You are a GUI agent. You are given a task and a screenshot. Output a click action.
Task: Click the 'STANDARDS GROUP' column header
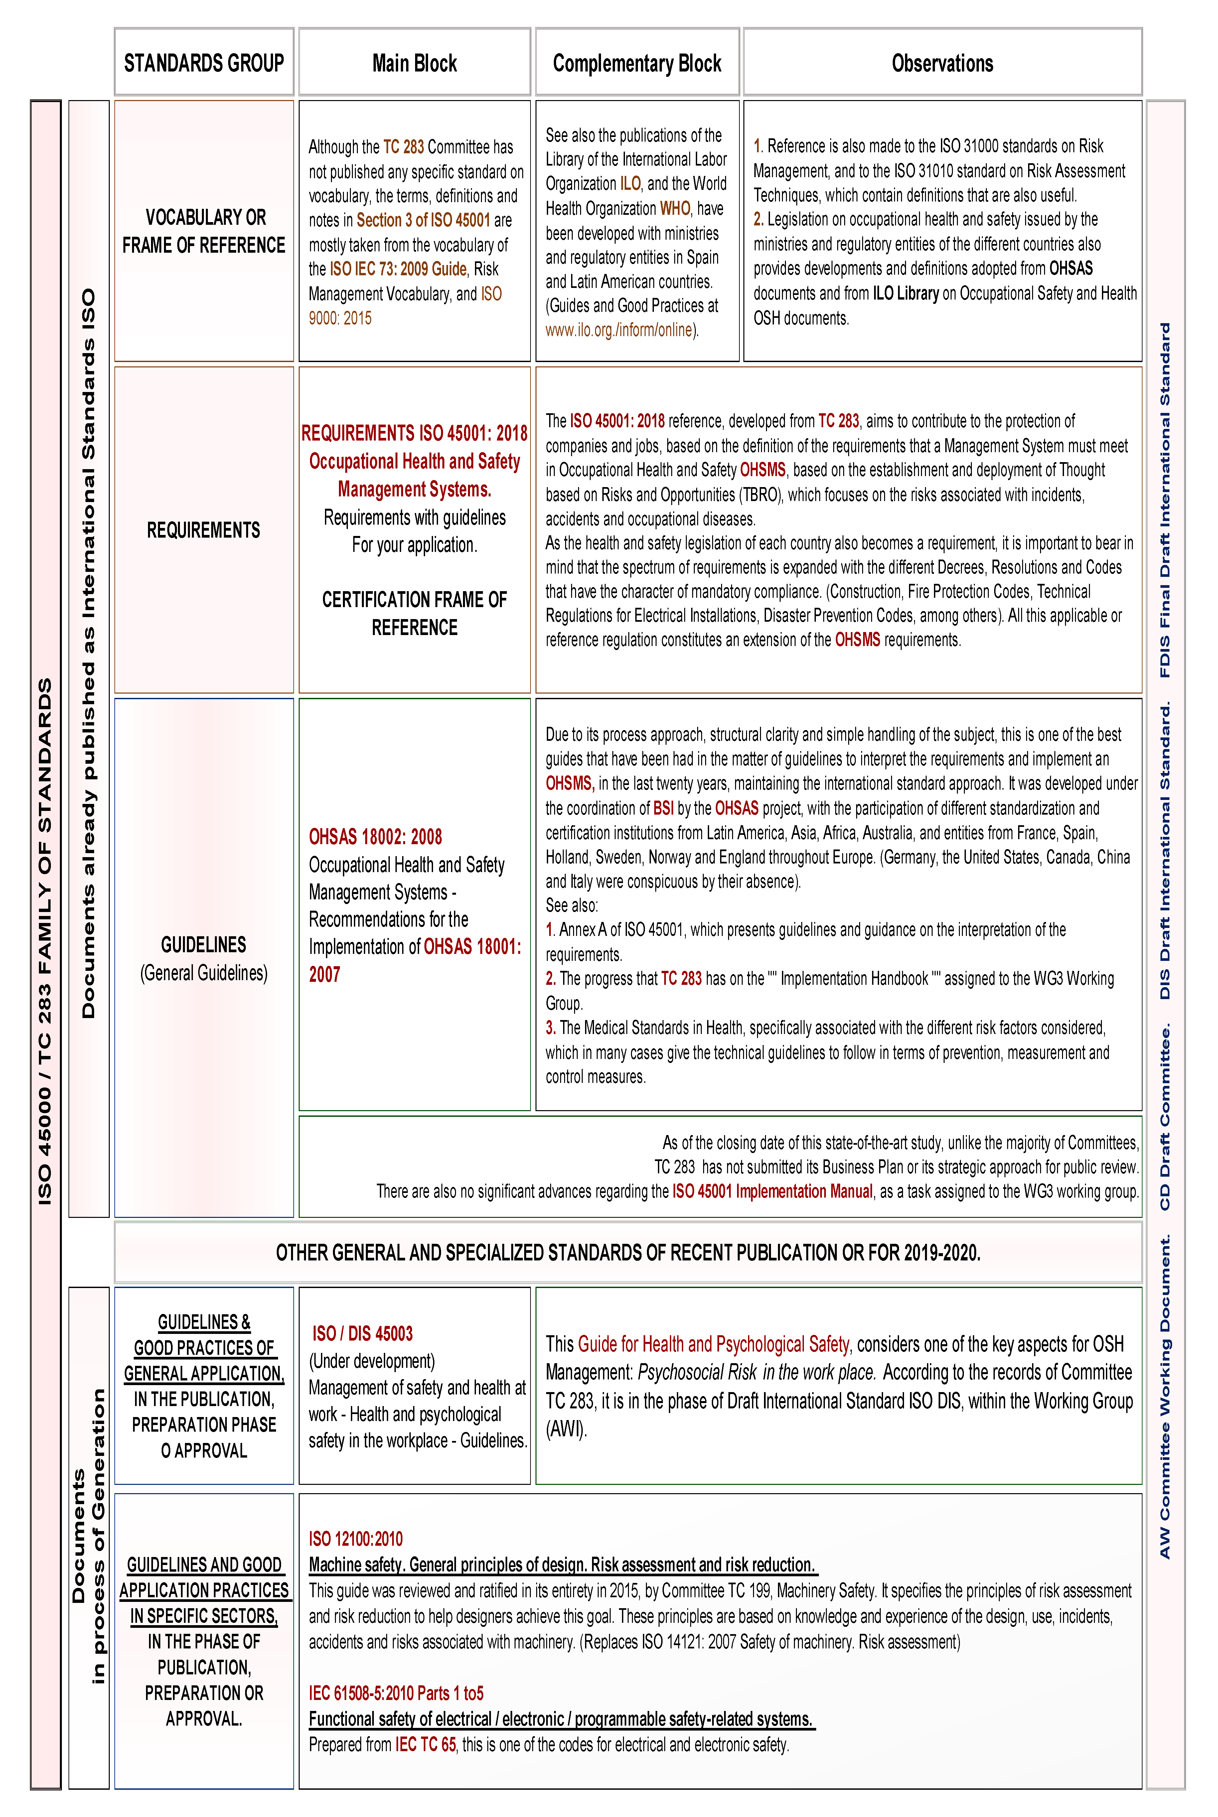pos(204,63)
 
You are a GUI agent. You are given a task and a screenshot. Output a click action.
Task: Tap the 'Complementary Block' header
pos(637,63)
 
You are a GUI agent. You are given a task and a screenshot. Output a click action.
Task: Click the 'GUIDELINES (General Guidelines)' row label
pos(204,958)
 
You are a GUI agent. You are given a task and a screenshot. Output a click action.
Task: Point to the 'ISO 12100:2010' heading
pos(356,1539)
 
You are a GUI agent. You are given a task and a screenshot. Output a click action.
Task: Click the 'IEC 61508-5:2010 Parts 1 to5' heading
pos(396,1693)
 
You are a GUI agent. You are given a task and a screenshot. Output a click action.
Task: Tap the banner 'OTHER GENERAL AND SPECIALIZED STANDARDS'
pos(628,1252)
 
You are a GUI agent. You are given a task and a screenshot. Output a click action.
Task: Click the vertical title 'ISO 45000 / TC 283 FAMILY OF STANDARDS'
pos(45,941)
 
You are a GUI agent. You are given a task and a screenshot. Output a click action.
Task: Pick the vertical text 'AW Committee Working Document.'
pos(1164,1398)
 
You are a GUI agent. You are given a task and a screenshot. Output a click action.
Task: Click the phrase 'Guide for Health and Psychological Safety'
pos(713,1344)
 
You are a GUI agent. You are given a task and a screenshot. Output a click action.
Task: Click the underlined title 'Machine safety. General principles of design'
pos(562,1565)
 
